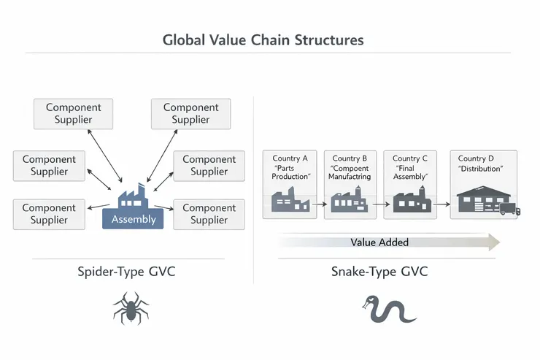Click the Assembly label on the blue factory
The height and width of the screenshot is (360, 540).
tap(134, 219)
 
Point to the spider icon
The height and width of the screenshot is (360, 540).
tap(131, 307)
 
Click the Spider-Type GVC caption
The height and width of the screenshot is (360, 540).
tap(126, 272)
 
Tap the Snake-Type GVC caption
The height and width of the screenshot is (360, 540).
tap(379, 272)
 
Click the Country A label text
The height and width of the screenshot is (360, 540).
tap(290, 158)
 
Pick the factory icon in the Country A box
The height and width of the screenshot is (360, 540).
tap(290, 199)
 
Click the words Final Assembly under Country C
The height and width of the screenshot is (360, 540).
tap(410, 172)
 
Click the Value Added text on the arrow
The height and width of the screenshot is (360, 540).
tap(379, 242)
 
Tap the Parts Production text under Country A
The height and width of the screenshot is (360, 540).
tap(290, 172)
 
